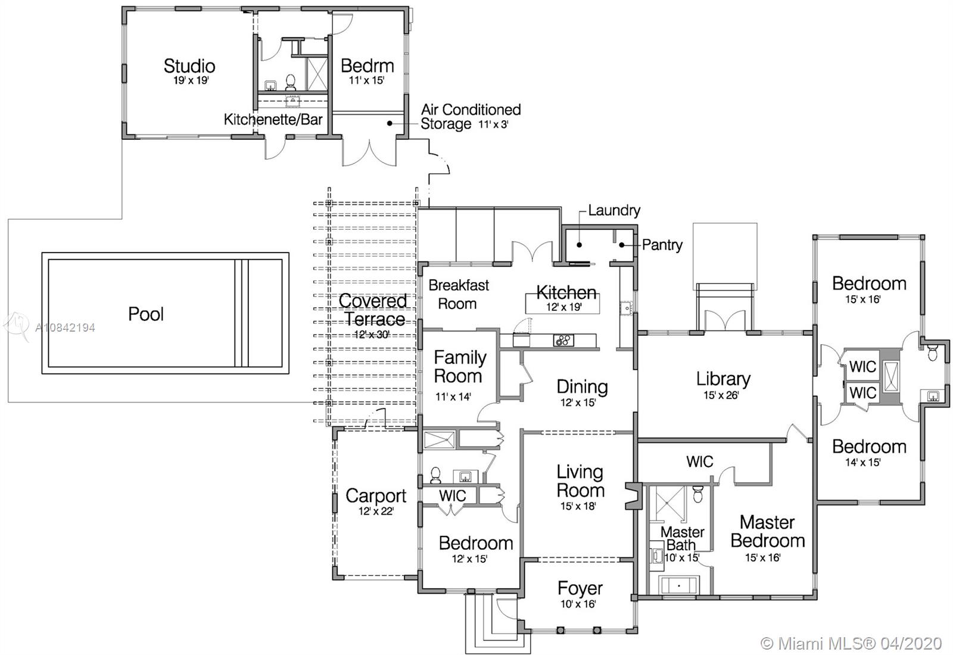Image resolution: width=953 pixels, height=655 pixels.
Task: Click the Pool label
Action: (x=146, y=314)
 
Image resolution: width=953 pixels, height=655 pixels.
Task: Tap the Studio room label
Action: (x=189, y=66)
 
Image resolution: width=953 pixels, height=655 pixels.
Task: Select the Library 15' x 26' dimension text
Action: (x=721, y=395)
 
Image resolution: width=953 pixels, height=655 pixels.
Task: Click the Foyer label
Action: (x=580, y=589)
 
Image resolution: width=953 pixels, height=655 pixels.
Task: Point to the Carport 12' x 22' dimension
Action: (x=376, y=511)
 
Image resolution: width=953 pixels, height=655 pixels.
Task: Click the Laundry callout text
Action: (x=614, y=210)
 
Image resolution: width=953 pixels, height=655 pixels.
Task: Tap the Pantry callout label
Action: (x=662, y=245)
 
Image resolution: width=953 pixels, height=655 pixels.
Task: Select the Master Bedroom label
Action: (x=768, y=531)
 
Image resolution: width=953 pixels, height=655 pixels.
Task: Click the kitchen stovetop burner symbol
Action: (x=563, y=340)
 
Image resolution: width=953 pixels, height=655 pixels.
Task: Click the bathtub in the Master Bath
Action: (x=678, y=585)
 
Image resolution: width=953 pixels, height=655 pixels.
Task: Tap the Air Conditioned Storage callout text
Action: (x=471, y=117)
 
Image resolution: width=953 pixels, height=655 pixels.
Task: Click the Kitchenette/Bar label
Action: (x=273, y=120)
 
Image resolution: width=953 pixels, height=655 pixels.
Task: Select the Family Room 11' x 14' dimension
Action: (x=453, y=397)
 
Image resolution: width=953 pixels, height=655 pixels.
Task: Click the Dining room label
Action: (x=582, y=386)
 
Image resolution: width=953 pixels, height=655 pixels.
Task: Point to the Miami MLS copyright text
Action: (x=851, y=643)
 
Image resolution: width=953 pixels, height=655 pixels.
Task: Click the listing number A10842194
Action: (x=65, y=327)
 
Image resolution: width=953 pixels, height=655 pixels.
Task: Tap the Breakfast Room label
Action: (x=458, y=294)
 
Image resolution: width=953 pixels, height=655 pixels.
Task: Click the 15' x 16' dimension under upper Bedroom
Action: (x=863, y=299)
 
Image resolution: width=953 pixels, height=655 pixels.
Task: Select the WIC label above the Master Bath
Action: (x=699, y=461)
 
